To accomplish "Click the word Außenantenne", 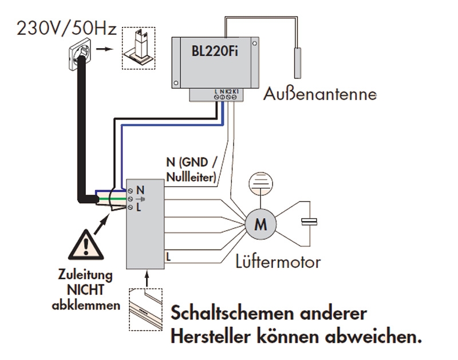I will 319,93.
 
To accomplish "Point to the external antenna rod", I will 298,62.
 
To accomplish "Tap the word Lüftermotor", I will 278,263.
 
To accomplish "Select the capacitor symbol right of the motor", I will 310,222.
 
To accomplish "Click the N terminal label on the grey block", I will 140,189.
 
